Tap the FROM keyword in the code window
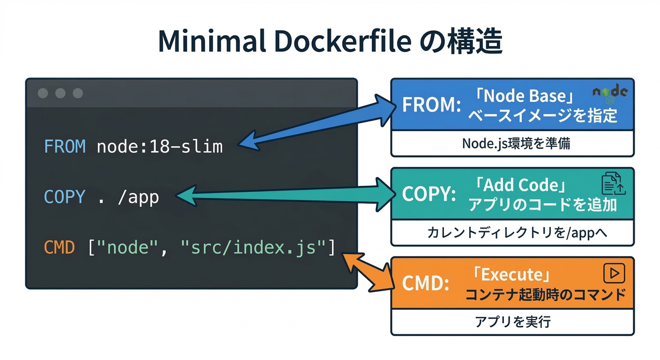pos(65,147)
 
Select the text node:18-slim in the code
pos(159,147)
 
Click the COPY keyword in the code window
pos(65,197)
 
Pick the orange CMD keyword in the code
pos(60,247)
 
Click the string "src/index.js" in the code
pos(253,247)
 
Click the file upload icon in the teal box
pos(613,183)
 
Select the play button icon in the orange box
pos(614,273)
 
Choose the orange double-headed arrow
pos(367,270)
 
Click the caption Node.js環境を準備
pos(512,143)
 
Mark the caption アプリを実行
pos(512,322)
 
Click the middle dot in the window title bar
pos(60,93)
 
